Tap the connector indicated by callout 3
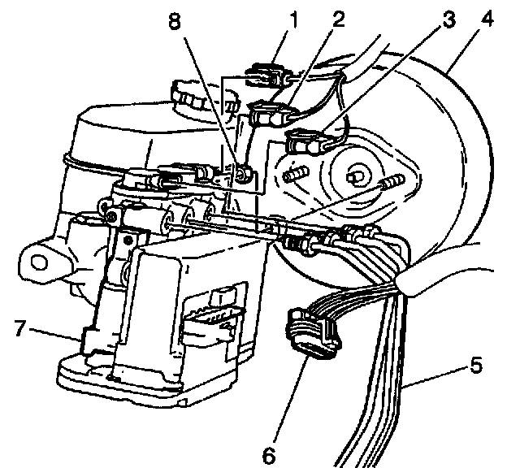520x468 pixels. click(308, 143)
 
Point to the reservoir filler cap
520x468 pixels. click(192, 101)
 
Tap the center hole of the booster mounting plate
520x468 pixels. click(356, 176)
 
